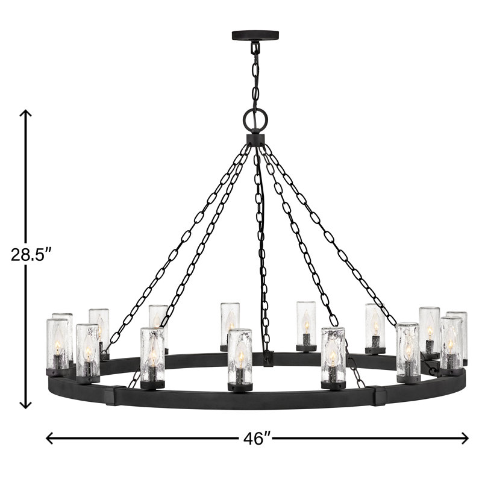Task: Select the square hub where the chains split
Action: pyautogui.click(x=255, y=140)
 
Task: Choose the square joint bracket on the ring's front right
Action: pyautogui.click(x=380, y=396)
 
